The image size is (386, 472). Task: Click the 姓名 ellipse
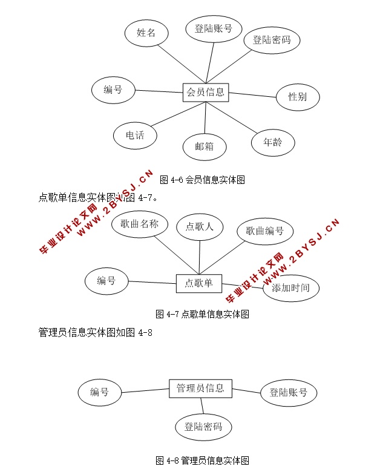click(x=146, y=33)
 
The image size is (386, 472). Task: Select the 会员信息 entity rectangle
click(x=206, y=93)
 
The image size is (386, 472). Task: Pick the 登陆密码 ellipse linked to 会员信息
click(x=272, y=41)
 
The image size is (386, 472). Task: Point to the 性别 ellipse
click(x=296, y=97)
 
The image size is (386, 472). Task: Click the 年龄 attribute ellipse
click(x=273, y=143)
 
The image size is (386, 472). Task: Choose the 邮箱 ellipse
click(x=205, y=146)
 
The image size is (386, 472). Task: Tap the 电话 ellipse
click(x=135, y=136)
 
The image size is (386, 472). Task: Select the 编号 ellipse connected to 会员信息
click(x=113, y=90)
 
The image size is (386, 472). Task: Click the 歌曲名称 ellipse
click(x=140, y=225)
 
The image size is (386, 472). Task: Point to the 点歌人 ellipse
click(x=200, y=227)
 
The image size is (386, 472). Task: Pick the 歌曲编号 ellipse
click(x=265, y=231)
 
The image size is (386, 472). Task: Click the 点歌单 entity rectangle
click(x=199, y=283)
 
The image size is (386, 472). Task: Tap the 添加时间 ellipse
click(x=291, y=288)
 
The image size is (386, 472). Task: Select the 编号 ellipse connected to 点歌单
click(x=106, y=280)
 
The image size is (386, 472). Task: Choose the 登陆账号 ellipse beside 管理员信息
click(x=289, y=393)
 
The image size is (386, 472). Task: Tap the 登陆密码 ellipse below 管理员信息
click(x=204, y=427)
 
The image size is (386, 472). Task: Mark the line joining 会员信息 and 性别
click(x=252, y=95)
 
